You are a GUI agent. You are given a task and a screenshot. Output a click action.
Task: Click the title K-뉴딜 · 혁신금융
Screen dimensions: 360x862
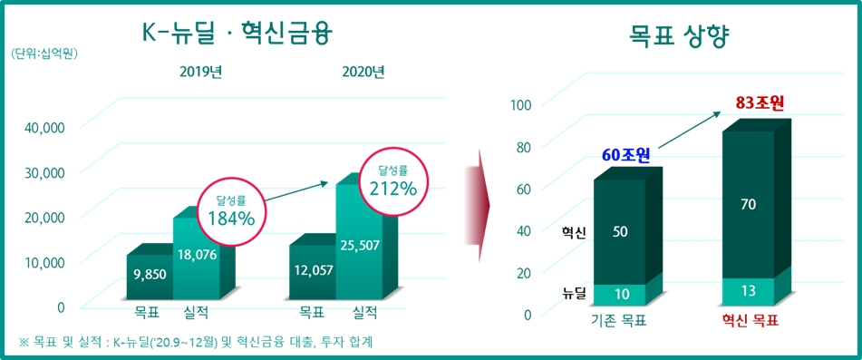pos(238,35)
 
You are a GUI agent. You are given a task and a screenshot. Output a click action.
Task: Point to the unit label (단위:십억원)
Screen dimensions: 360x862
pos(45,54)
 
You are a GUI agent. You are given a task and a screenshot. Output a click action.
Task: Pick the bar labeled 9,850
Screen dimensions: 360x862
pos(149,276)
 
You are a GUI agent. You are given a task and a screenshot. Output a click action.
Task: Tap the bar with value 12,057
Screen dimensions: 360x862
pos(314,271)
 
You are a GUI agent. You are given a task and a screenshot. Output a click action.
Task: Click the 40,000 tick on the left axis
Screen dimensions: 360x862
pos(44,127)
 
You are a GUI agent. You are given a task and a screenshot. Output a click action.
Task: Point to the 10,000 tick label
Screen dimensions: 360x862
pos(44,262)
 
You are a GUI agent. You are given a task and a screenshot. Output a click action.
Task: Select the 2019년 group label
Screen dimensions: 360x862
pos(201,73)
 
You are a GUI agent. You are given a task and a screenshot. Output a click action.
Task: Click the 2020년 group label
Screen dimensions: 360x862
pos(363,73)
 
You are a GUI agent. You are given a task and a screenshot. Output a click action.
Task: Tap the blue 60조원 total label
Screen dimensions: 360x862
pos(626,154)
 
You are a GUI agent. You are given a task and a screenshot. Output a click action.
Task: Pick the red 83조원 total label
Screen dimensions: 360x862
pos(760,103)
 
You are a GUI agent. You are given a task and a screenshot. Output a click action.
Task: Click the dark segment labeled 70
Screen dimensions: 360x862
pos(748,205)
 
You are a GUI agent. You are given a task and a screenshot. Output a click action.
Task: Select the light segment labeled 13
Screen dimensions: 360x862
pos(748,291)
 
